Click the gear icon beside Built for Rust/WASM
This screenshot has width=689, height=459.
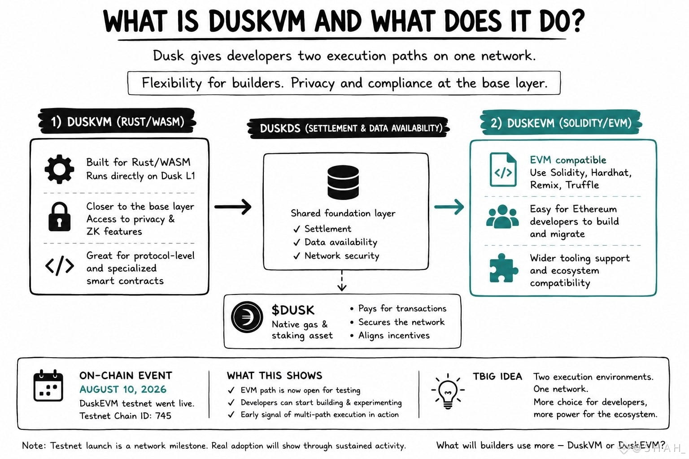(x=59, y=169)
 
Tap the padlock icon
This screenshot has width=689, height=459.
(x=59, y=217)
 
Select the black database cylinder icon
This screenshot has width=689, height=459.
(x=343, y=182)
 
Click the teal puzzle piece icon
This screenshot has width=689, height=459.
(x=501, y=268)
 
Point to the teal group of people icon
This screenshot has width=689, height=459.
(x=502, y=217)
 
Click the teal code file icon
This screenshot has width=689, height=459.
(x=503, y=169)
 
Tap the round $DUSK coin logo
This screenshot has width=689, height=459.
(x=247, y=317)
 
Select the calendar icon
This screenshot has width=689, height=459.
(x=48, y=385)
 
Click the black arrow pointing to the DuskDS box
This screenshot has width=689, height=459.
(x=233, y=207)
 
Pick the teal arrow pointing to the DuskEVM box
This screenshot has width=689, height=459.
(x=449, y=207)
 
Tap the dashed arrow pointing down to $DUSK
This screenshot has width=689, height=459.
(x=342, y=281)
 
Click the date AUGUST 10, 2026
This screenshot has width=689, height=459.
(x=123, y=389)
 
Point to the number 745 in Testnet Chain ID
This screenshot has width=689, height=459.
(x=163, y=416)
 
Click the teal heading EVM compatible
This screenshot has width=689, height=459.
(x=568, y=160)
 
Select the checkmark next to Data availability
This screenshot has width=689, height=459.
(x=297, y=242)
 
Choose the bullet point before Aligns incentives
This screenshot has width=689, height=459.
(x=352, y=335)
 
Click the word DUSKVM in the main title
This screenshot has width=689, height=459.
(x=257, y=22)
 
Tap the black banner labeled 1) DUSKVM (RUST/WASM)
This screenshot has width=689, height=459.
(x=117, y=121)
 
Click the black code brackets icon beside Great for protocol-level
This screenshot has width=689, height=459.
(x=59, y=266)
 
